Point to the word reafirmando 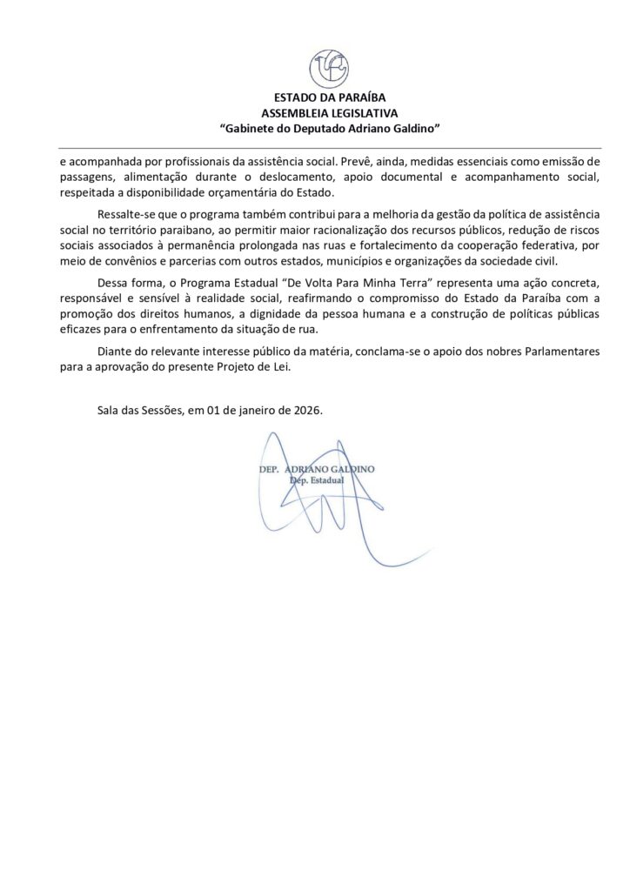click(x=324, y=299)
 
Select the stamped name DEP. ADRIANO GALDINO click(x=317, y=469)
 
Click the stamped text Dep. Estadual click(x=317, y=479)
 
